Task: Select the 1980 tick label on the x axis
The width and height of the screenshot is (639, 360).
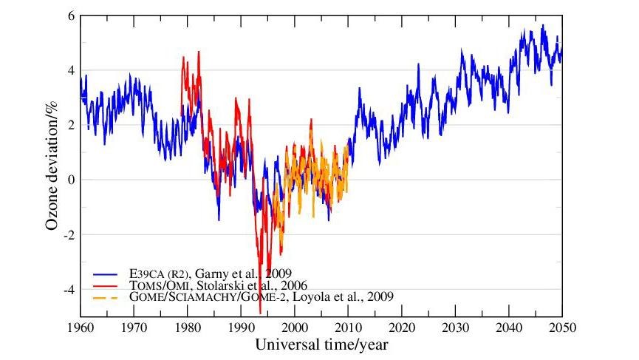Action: point(187,327)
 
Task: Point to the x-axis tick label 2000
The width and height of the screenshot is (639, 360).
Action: point(295,327)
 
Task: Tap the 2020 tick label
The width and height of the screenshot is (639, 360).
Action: point(402,327)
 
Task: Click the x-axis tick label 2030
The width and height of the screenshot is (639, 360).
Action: point(456,327)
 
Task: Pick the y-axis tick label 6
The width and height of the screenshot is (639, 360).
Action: point(71,16)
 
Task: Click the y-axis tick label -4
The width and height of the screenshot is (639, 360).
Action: point(69,290)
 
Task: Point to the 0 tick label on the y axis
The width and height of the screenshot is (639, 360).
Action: point(71,180)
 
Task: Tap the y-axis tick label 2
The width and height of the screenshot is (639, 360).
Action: point(71,125)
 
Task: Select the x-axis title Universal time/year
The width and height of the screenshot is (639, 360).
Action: point(321,345)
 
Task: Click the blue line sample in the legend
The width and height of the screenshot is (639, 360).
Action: point(109,273)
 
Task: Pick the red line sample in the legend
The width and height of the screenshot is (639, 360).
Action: point(109,285)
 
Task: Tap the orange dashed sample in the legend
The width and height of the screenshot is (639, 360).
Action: point(109,296)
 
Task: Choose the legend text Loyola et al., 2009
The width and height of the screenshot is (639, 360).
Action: point(347,296)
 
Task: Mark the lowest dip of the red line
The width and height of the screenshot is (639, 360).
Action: point(261,313)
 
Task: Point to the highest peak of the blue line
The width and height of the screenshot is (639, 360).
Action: point(543,25)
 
